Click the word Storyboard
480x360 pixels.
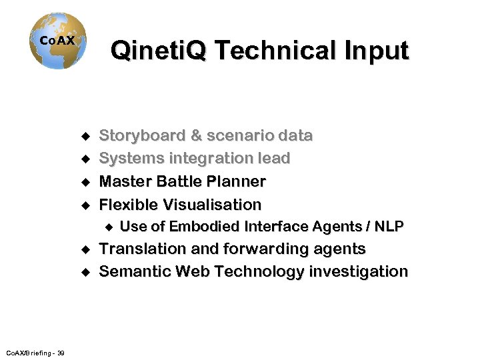click(142, 136)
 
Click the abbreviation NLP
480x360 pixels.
click(389, 227)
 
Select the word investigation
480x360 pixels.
click(361, 272)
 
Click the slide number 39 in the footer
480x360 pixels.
click(61, 353)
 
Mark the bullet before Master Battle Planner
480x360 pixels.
click(85, 182)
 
